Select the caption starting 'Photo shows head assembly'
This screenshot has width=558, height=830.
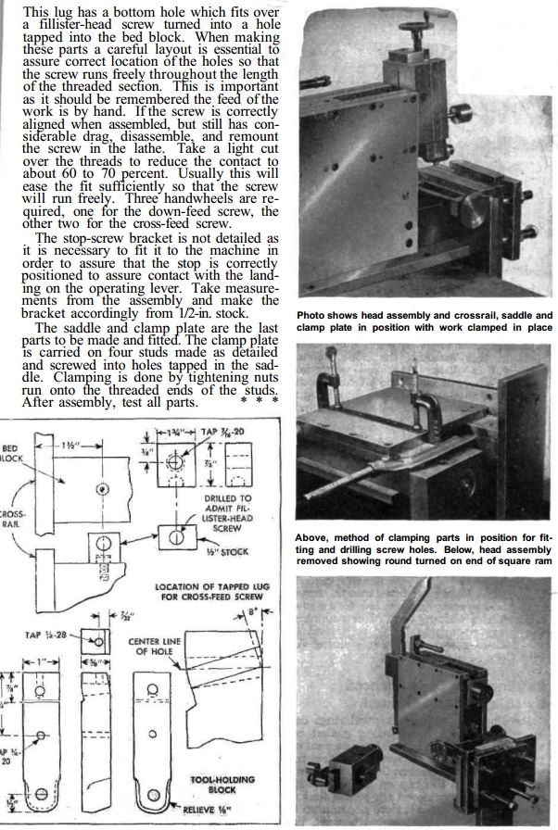[x=425, y=320]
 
